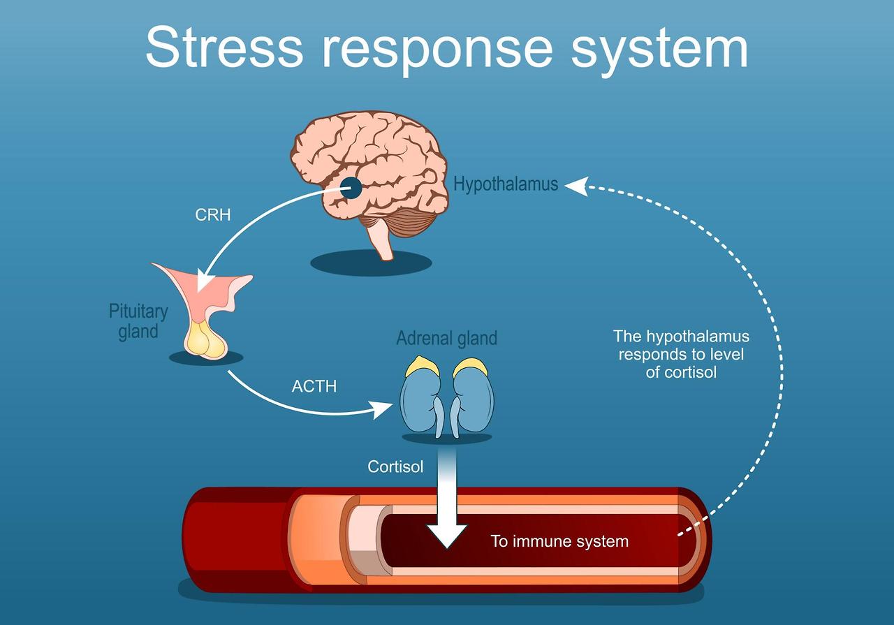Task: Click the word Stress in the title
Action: coord(224,47)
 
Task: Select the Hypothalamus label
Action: coord(506,184)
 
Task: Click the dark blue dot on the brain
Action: coord(351,187)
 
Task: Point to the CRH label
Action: coord(213,215)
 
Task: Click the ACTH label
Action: coord(314,385)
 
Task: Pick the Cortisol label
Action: coord(395,466)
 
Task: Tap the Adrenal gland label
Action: coord(446,339)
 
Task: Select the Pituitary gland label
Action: coord(138,321)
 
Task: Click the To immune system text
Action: coord(559,541)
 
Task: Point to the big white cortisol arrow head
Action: coord(447,534)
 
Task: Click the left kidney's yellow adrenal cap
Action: coord(422,365)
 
